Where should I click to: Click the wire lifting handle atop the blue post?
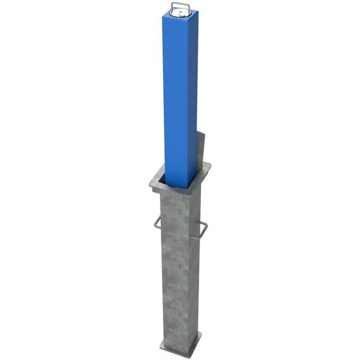[x=181, y=7]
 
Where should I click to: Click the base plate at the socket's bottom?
[x=180, y=348]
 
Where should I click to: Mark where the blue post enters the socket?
[x=180, y=185]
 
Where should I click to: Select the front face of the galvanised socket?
[x=174, y=270]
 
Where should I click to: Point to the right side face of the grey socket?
[x=193, y=270]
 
